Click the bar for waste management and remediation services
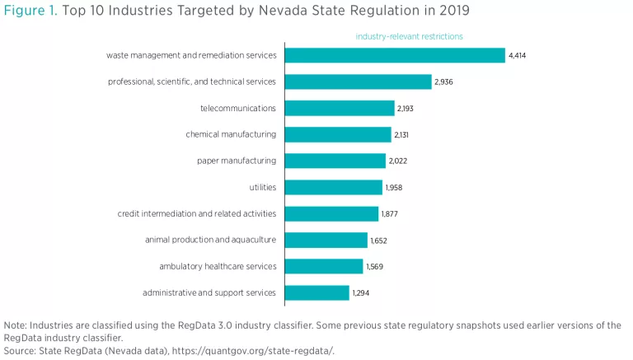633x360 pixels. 395,55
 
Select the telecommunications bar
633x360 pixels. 340,108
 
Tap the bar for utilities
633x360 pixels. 334,187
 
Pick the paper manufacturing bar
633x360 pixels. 335,161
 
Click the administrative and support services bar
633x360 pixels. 317,292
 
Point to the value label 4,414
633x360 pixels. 518,55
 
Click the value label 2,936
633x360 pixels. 444,82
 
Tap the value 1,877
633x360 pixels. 391,213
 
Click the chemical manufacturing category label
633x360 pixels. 231,134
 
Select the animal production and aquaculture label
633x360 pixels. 210,240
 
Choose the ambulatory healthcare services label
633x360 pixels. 218,266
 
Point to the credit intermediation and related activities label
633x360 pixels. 197,213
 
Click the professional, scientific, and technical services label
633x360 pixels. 192,82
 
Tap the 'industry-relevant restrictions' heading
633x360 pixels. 409,36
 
